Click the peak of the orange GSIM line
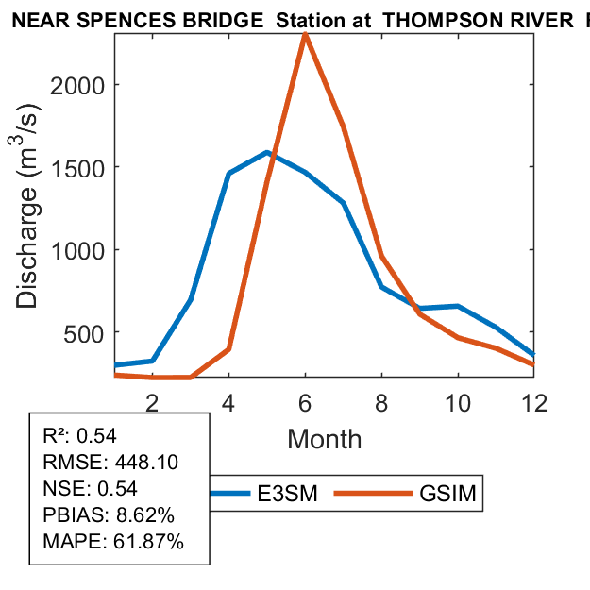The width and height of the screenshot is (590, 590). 305,35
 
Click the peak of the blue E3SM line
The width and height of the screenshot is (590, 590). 267,152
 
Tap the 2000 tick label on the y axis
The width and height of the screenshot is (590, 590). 88,85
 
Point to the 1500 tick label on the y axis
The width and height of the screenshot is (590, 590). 88,167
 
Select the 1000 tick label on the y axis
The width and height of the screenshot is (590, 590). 88,250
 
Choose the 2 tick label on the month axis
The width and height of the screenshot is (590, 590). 151,402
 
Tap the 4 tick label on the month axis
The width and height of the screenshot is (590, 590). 228,402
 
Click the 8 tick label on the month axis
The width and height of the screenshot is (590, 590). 381,402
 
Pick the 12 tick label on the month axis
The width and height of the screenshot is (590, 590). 534,402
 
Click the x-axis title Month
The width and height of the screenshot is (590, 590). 324,439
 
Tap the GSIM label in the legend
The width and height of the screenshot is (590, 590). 447,494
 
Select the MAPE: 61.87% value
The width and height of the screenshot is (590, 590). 113,542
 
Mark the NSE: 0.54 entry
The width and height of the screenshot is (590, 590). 91,488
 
